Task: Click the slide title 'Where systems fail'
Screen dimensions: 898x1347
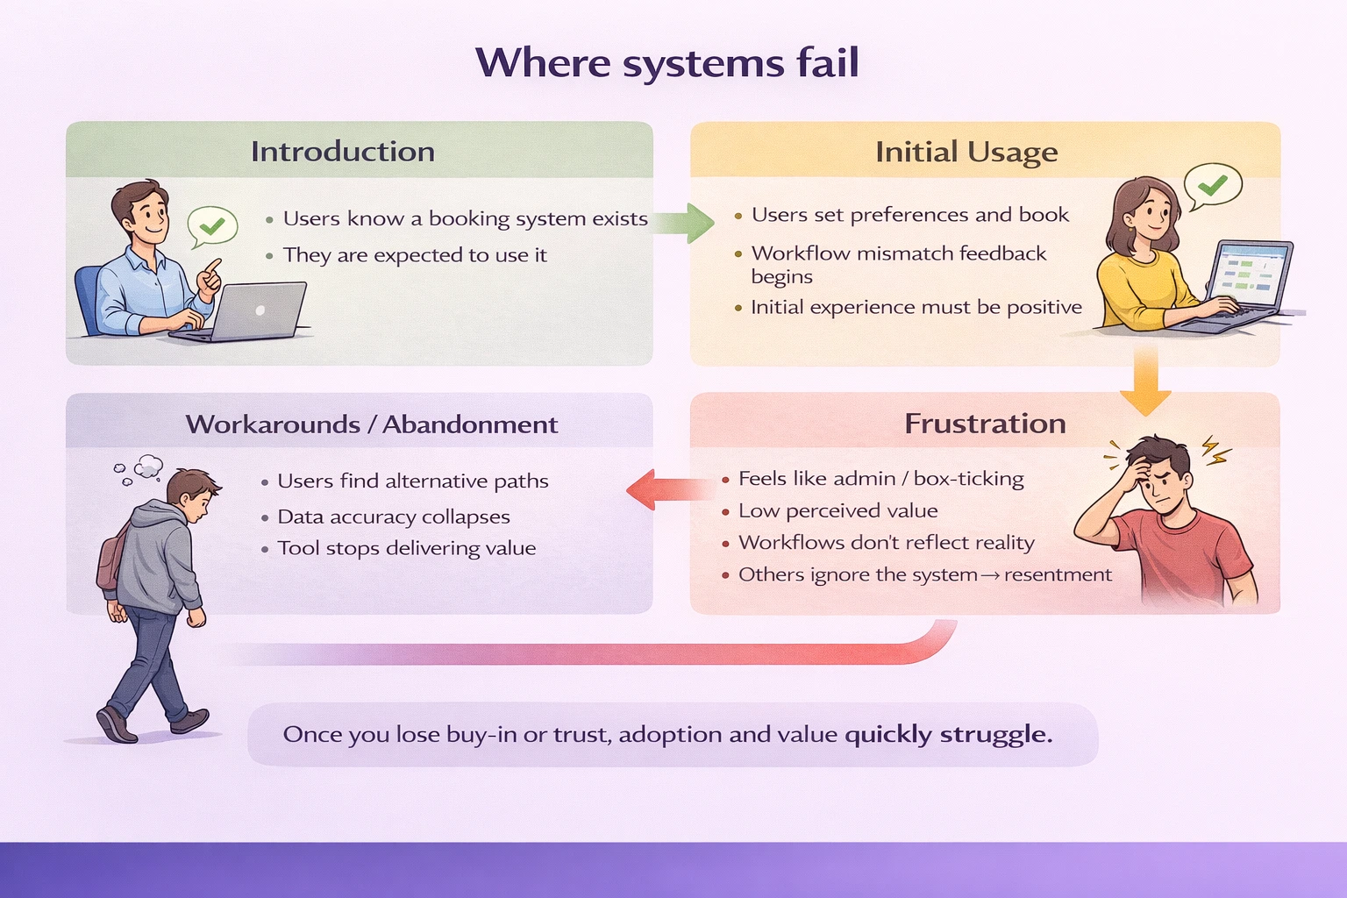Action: (x=667, y=63)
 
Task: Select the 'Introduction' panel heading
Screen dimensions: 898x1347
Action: (x=343, y=152)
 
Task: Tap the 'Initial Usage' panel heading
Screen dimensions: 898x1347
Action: (x=966, y=153)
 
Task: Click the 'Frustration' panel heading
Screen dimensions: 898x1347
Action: (x=985, y=424)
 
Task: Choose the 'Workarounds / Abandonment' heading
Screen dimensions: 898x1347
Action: (x=372, y=424)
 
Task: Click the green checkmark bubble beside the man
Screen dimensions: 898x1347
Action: (x=212, y=226)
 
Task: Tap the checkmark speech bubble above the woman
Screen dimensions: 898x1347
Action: (x=1213, y=185)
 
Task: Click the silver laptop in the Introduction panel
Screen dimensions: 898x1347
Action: (x=250, y=312)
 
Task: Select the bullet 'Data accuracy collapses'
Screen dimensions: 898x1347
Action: (x=393, y=517)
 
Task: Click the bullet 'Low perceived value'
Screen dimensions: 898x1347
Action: (x=837, y=511)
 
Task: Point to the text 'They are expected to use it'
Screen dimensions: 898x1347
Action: (x=414, y=255)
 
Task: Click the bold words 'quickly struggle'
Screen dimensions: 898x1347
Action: (x=947, y=734)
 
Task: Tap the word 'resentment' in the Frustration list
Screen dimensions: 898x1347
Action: (x=1058, y=575)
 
